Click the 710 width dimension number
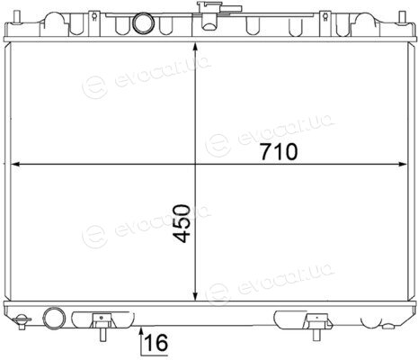pyautogui.click(x=279, y=151)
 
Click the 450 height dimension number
pyautogui.click(x=182, y=223)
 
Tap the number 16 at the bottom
pyautogui.click(x=156, y=343)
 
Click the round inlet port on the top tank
pyautogui.click(x=143, y=22)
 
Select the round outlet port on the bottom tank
pyautogui.click(x=54, y=318)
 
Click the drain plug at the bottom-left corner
pyautogui.click(x=22, y=321)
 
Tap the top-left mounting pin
pyautogui.click(x=17, y=17)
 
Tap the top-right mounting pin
pyautogui.click(x=402, y=17)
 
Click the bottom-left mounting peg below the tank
pyautogui.click(x=102, y=334)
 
